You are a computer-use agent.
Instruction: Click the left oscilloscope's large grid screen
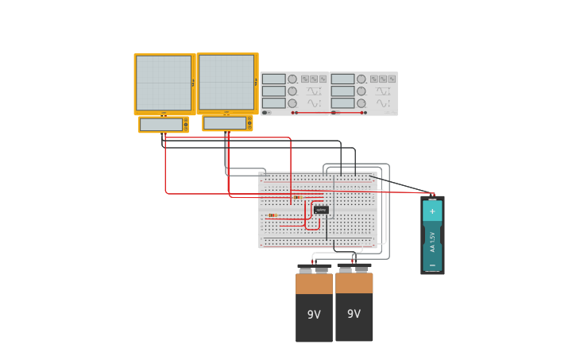tap(164, 83)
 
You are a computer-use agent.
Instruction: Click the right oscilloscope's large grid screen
tap(226, 82)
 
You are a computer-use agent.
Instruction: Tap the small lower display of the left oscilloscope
tap(161, 125)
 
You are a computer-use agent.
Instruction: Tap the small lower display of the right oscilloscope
tap(225, 123)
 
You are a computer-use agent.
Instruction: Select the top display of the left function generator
tap(273, 79)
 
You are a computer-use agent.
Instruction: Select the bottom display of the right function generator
tap(342, 103)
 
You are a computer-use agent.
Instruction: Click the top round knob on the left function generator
tap(292, 79)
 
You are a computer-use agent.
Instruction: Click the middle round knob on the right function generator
tap(361, 91)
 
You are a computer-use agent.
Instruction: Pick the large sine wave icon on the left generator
tap(315, 103)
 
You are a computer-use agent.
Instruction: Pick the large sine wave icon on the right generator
tap(384, 103)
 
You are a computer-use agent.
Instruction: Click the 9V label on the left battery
tap(314, 315)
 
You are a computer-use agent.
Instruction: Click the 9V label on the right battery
tap(354, 314)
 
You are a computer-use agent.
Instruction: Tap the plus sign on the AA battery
tap(432, 211)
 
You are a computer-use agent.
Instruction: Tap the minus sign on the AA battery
tap(432, 265)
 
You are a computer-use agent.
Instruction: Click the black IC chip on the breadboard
tap(321, 210)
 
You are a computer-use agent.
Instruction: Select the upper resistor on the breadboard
tap(297, 197)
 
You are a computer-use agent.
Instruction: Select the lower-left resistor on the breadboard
tap(273, 215)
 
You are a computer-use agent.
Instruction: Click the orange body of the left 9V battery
tap(314, 284)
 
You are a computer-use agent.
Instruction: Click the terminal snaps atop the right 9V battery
tap(354, 269)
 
